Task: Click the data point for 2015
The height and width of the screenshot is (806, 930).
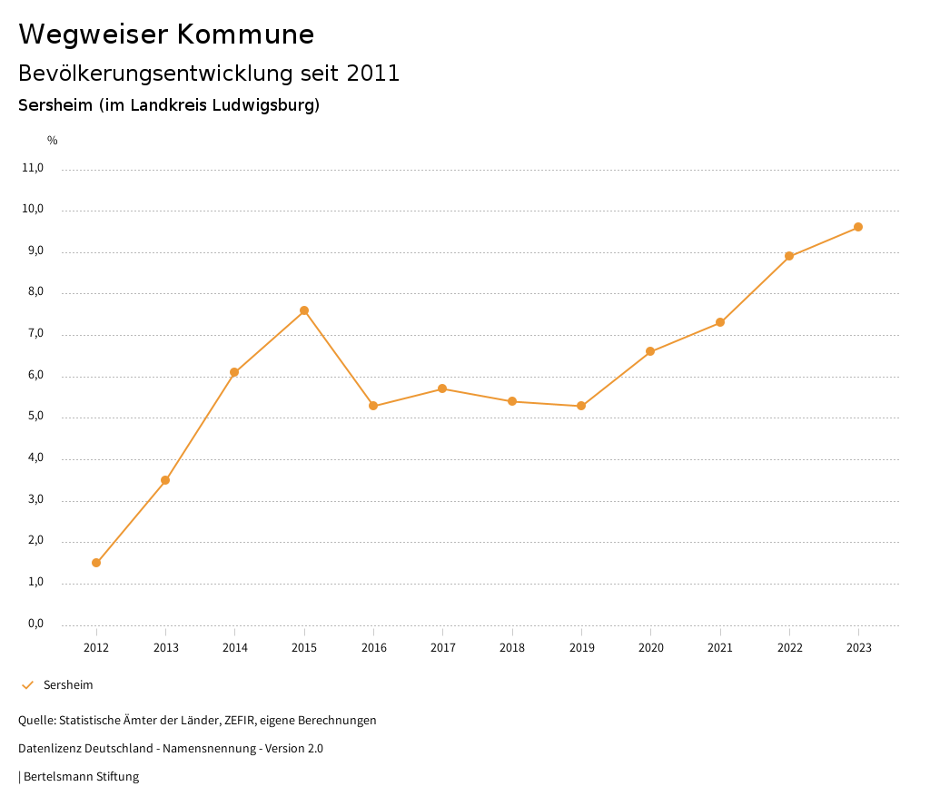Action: click(304, 310)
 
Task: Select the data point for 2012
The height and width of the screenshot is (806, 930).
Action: click(96, 563)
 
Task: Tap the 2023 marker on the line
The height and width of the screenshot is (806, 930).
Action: click(858, 227)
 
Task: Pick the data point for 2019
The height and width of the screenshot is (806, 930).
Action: click(581, 406)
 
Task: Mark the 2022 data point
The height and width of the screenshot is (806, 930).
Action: click(789, 256)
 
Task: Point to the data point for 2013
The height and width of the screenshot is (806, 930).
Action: click(165, 480)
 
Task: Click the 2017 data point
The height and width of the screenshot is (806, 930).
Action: click(442, 388)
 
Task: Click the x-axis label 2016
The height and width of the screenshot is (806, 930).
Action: click(373, 648)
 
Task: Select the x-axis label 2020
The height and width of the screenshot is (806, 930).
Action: click(650, 648)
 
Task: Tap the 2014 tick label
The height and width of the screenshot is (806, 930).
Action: click(234, 648)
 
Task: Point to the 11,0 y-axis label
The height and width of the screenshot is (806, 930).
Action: click(33, 168)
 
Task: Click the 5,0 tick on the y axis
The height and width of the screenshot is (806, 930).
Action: click(35, 418)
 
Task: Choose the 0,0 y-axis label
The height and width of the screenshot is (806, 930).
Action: click(35, 624)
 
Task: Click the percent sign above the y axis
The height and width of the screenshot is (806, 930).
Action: click(53, 141)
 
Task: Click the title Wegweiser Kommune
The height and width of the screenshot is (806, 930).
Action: click(166, 34)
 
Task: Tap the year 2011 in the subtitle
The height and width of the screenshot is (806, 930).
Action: click(373, 74)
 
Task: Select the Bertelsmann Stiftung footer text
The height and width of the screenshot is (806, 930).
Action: click(81, 777)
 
